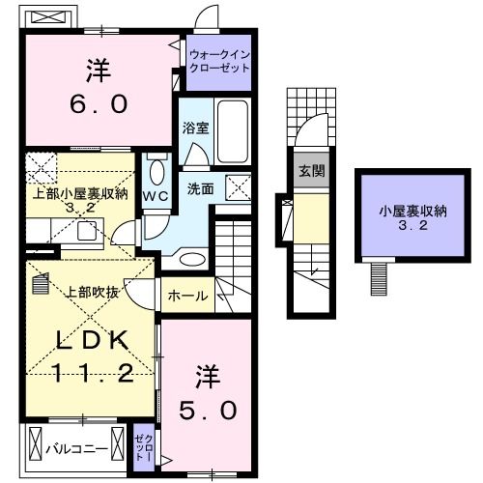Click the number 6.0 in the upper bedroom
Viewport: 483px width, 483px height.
98,102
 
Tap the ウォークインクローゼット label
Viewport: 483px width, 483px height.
220,63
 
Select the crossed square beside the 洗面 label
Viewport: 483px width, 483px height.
237,187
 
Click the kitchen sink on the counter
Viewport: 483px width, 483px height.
87,229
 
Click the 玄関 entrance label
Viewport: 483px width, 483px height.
311,171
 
